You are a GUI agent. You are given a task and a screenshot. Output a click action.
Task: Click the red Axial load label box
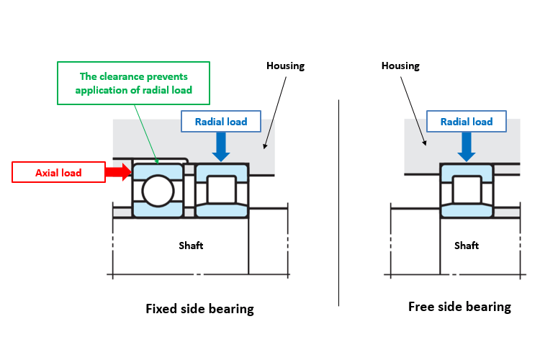tap(58, 172)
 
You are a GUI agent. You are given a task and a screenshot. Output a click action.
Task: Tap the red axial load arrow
tap(118, 172)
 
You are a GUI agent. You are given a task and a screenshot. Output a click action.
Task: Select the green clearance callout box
tap(133, 83)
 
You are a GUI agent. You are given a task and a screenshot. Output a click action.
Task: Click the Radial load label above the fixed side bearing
tap(221, 121)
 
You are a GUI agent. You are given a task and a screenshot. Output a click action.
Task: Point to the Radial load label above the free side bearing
tap(467, 121)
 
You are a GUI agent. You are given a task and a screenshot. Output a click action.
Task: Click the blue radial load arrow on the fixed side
tap(221, 147)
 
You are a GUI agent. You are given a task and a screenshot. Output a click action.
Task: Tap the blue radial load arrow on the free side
tap(467, 147)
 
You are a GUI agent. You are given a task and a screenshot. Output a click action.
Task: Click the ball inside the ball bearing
tap(158, 191)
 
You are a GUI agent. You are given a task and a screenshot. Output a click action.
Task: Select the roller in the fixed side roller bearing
tap(222, 189)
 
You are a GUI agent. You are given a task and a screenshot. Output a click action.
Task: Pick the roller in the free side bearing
tap(467, 189)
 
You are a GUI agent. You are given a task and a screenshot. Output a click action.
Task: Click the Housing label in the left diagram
tap(286, 66)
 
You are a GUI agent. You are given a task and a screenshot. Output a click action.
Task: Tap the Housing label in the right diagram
tap(400, 66)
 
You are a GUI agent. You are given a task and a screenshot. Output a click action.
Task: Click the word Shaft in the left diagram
tap(191, 246)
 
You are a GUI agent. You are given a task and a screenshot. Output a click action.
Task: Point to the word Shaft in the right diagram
tap(467, 246)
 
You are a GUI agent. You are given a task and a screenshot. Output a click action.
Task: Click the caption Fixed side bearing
tap(199, 309)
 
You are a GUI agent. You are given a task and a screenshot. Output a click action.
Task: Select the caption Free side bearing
tap(460, 307)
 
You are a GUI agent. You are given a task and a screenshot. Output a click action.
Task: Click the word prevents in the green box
tap(167, 76)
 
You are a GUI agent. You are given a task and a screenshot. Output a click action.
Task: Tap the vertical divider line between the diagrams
tap(339, 203)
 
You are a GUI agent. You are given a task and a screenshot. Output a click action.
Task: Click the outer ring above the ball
tap(158, 171)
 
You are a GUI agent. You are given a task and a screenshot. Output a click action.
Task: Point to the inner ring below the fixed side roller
tap(222, 210)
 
